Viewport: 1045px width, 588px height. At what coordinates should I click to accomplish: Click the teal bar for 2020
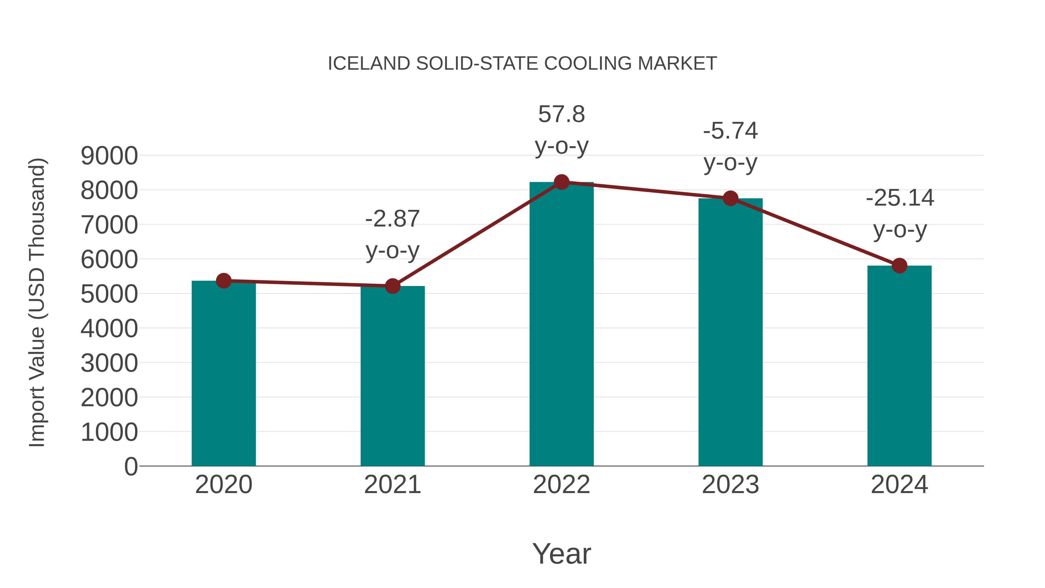(x=224, y=373)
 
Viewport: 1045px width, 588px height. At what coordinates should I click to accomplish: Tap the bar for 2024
(x=899, y=366)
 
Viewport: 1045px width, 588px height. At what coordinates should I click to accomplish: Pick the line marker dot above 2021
(x=392, y=286)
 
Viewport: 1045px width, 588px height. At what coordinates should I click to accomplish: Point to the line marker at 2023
(x=730, y=198)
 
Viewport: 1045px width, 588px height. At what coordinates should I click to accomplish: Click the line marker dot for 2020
(x=224, y=280)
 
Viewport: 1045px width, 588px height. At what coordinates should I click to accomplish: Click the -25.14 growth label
(x=899, y=198)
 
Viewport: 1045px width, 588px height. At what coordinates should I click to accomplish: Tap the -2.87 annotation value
(x=392, y=219)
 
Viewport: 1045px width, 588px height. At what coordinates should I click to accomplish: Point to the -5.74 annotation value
(x=730, y=131)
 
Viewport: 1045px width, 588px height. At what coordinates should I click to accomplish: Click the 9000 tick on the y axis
(x=109, y=156)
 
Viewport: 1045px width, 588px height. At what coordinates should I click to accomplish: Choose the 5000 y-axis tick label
(x=109, y=294)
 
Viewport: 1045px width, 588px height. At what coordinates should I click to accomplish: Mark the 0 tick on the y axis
(x=131, y=467)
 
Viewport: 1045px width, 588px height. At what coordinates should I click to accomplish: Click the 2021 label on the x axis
(x=392, y=485)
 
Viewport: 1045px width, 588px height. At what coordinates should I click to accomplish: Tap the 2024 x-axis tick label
(x=899, y=485)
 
